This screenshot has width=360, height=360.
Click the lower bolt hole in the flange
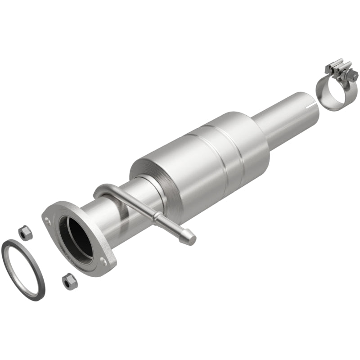[x=105, y=261]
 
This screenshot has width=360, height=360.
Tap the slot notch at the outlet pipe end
[x=307, y=107]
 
